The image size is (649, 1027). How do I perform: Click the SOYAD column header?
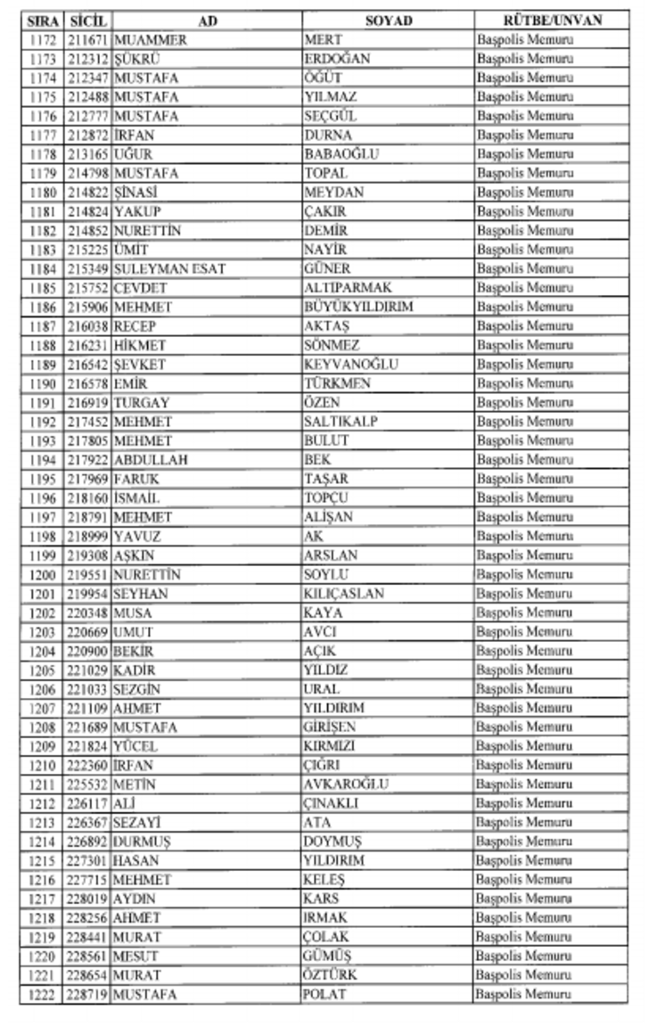click(388, 21)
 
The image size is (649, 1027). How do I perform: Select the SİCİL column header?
click(87, 21)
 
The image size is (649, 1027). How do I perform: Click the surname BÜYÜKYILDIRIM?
click(358, 307)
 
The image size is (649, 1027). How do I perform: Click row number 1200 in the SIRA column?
click(42, 574)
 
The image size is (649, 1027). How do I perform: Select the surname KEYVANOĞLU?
click(350, 364)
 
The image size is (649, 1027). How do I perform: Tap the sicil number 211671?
click(87, 40)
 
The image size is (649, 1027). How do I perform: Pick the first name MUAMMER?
click(150, 40)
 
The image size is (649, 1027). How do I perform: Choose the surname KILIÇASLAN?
click(344, 593)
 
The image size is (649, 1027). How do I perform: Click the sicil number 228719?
click(87, 994)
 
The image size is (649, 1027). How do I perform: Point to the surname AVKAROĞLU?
click(346, 785)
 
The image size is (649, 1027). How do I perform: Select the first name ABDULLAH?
click(150, 460)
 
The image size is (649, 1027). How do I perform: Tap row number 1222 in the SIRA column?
click(42, 994)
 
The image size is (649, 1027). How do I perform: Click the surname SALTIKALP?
click(341, 422)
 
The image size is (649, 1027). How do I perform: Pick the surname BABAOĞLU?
click(341, 154)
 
